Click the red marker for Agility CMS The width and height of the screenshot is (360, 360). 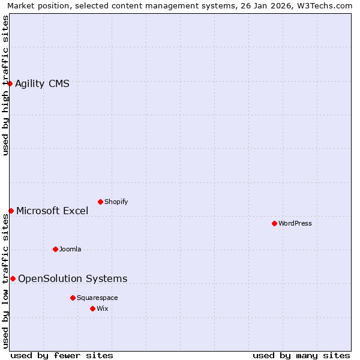tap(10, 83)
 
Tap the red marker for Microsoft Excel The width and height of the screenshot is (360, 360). tap(11, 211)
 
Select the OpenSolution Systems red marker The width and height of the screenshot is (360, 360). tap(13, 278)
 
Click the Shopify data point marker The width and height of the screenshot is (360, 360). tap(100, 202)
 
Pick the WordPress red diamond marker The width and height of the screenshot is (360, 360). tap(274, 223)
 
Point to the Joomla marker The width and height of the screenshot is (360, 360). tap(55, 249)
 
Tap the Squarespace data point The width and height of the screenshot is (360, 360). tap(73, 298)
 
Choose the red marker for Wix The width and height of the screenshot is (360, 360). tap(92, 308)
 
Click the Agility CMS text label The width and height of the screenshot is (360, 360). tap(42, 83)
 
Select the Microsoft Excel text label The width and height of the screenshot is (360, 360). tap(52, 211)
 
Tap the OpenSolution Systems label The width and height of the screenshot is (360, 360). tap(73, 278)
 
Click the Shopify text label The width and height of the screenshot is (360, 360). tap(116, 202)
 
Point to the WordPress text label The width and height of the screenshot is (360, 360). tap(295, 223)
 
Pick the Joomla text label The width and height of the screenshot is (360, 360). tap(70, 249)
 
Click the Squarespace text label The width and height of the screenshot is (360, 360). tap(97, 298)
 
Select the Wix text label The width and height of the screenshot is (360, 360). tap(103, 308)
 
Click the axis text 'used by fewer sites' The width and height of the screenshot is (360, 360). tap(62, 355)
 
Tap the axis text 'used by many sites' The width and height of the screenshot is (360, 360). tap(301, 355)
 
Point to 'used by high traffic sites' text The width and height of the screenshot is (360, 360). tap(5, 85)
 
